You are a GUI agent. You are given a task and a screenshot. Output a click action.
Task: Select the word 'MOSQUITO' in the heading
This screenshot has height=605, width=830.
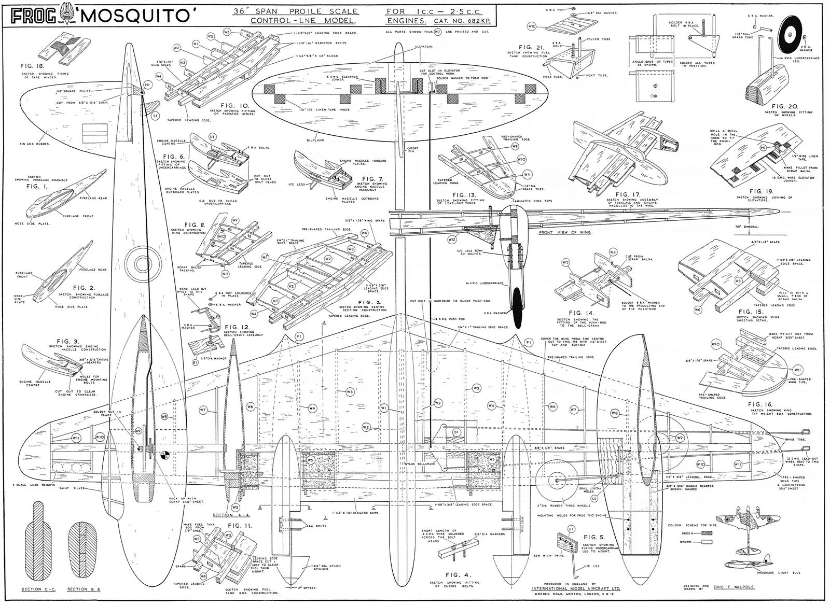tap(135, 16)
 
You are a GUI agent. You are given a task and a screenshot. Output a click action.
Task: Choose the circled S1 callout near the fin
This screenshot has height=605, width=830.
tap(155, 116)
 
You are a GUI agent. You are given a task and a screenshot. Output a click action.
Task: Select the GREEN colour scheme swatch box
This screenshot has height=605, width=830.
tap(706, 533)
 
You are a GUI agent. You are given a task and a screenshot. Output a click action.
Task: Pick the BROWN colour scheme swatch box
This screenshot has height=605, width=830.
tap(706, 542)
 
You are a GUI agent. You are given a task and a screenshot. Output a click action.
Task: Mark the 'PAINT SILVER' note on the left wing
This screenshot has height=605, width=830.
tap(72, 488)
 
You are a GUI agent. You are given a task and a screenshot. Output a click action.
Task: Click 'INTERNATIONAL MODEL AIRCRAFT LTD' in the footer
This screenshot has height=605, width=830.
tap(576, 588)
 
